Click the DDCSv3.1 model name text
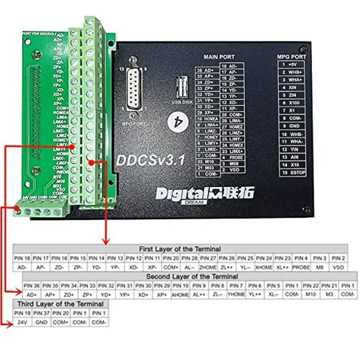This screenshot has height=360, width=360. click(x=150, y=160)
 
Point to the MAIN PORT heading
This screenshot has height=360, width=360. click(x=219, y=57)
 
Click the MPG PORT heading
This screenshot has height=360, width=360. click(x=292, y=57)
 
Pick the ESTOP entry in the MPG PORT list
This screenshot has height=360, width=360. click(x=293, y=173)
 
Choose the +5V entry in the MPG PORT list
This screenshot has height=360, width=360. click(x=293, y=64)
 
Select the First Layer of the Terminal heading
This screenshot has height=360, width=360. click(x=180, y=249)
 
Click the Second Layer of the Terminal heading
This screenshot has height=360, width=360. click(x=192, y=276)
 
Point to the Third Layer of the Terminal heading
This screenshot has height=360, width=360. click(x=60, y=304)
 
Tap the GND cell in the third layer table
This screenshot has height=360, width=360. click(x=41, y=323)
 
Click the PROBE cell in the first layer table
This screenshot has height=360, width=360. click(x=301, y=267)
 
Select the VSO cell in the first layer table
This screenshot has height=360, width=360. click(x=338, y=267)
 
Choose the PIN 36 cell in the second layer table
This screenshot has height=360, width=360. click(x=32, y=285)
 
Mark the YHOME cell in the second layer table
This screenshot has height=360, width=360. click(x=236, y=294)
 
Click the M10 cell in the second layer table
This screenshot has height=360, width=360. click(x=311, y=294)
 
